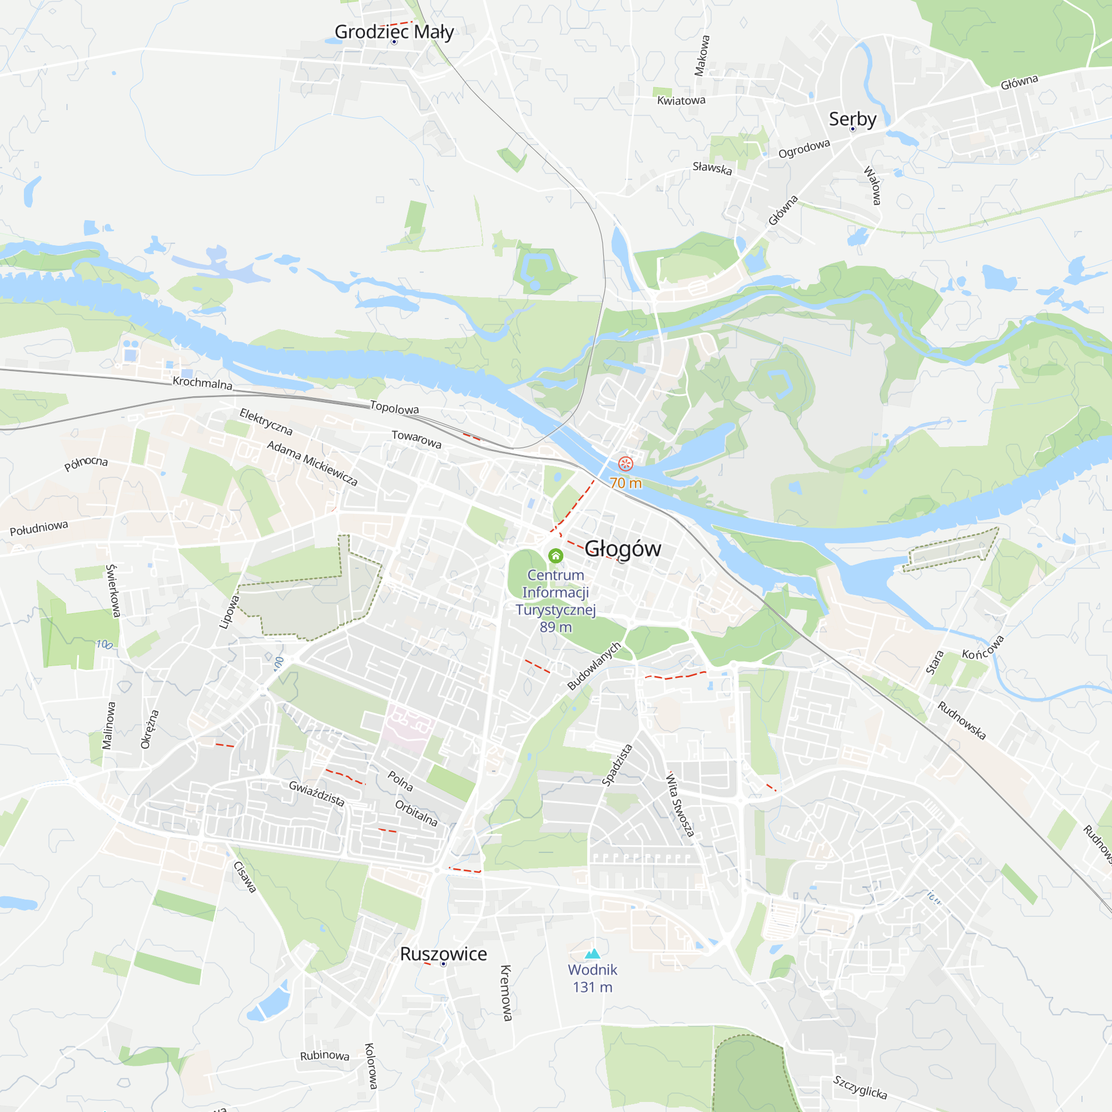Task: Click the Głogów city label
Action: click(x=623, y=549)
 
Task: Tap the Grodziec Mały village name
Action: click(x=394, y=32)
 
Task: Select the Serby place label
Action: click(x=852, y=119)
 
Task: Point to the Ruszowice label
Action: click(x=443, y=954)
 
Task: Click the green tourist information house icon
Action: click(x=555, y=555)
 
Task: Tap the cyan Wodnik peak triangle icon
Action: click(x=592, y=954)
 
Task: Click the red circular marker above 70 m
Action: click(x=625, y=463)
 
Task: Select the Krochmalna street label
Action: click(x=202, y=383)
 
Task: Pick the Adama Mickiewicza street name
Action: click(x=312, y=463)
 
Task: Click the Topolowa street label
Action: click(x=394, y=408)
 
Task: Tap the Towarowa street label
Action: click(x=416, y=439)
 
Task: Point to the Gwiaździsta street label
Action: click(x=317, y=794)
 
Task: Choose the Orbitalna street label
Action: click(x=416, y=813)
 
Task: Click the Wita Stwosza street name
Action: click(x=680, y=805)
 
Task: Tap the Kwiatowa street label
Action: click(x=682, y=101)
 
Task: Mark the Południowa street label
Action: click(x=39, y=528)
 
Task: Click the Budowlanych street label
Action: click(x=594, y=666)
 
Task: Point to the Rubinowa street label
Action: click(x=325, y=1056)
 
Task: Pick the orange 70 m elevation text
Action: click(x=625, y=483)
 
